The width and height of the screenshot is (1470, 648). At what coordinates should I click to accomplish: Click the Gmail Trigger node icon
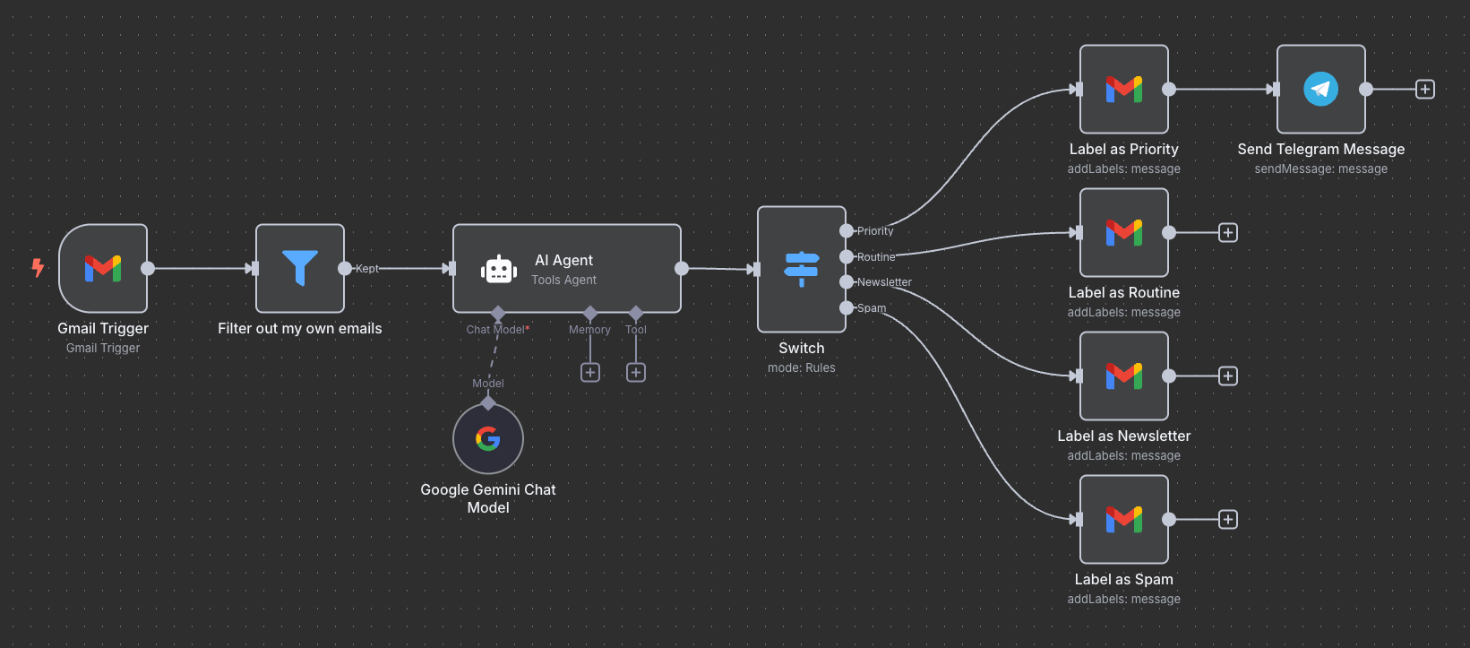[103, 268]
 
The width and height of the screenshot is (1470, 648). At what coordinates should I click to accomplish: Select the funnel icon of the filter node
[300, 268]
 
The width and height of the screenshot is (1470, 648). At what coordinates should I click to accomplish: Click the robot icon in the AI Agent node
[499, 269]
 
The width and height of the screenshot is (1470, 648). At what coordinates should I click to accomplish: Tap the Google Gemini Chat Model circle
[488, 438]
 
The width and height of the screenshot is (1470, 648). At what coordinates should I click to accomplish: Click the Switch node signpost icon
[802, 268]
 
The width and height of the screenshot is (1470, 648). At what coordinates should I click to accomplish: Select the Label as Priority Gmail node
[1124, 90]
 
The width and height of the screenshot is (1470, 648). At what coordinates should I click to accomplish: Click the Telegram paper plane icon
[1320, 90]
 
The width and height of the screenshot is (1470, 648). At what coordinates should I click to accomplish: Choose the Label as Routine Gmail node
[1124, 233]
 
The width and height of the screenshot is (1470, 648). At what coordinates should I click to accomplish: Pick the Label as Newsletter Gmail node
[1124, 376]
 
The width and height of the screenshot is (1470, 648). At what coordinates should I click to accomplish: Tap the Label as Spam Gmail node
[1124, 520]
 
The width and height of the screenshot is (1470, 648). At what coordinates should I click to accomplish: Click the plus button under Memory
[590, 372]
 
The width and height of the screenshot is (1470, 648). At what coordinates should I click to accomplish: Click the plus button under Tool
[636, 372]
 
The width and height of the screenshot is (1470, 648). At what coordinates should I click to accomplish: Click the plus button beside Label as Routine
[1228, 233]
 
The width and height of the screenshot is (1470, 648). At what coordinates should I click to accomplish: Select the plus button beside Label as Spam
[1228, 520]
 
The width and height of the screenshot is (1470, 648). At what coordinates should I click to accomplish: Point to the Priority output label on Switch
[875, 231]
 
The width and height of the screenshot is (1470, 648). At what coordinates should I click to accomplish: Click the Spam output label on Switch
[872, 308]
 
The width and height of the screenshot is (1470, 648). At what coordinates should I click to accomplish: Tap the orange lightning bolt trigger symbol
[38, 267]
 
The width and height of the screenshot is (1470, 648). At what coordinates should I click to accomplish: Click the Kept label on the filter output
[367, 269]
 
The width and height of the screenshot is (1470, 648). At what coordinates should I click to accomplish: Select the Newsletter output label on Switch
[884, 282]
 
